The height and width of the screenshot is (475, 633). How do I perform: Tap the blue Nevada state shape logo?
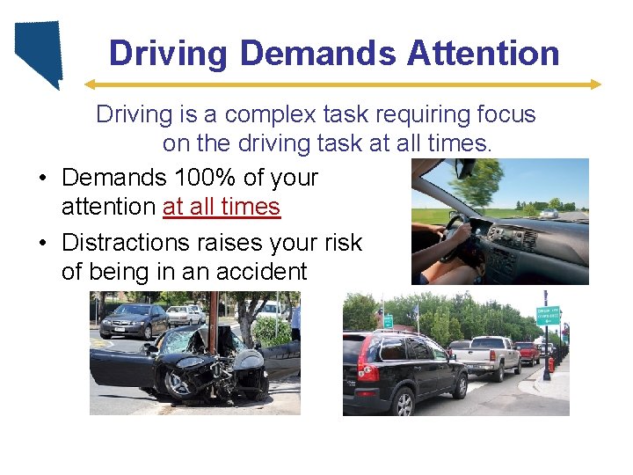tap(40, 53)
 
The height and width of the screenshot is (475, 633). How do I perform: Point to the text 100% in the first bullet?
tap(204, 177)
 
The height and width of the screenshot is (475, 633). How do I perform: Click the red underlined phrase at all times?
tap(222, 207)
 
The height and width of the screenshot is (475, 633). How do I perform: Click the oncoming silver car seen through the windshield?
tap(549, 212)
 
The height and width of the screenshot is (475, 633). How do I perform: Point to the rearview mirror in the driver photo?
tap(465, 167)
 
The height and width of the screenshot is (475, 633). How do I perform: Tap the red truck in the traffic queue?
tap(527, 351)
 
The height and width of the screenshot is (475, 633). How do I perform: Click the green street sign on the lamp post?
tap(548, 315)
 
